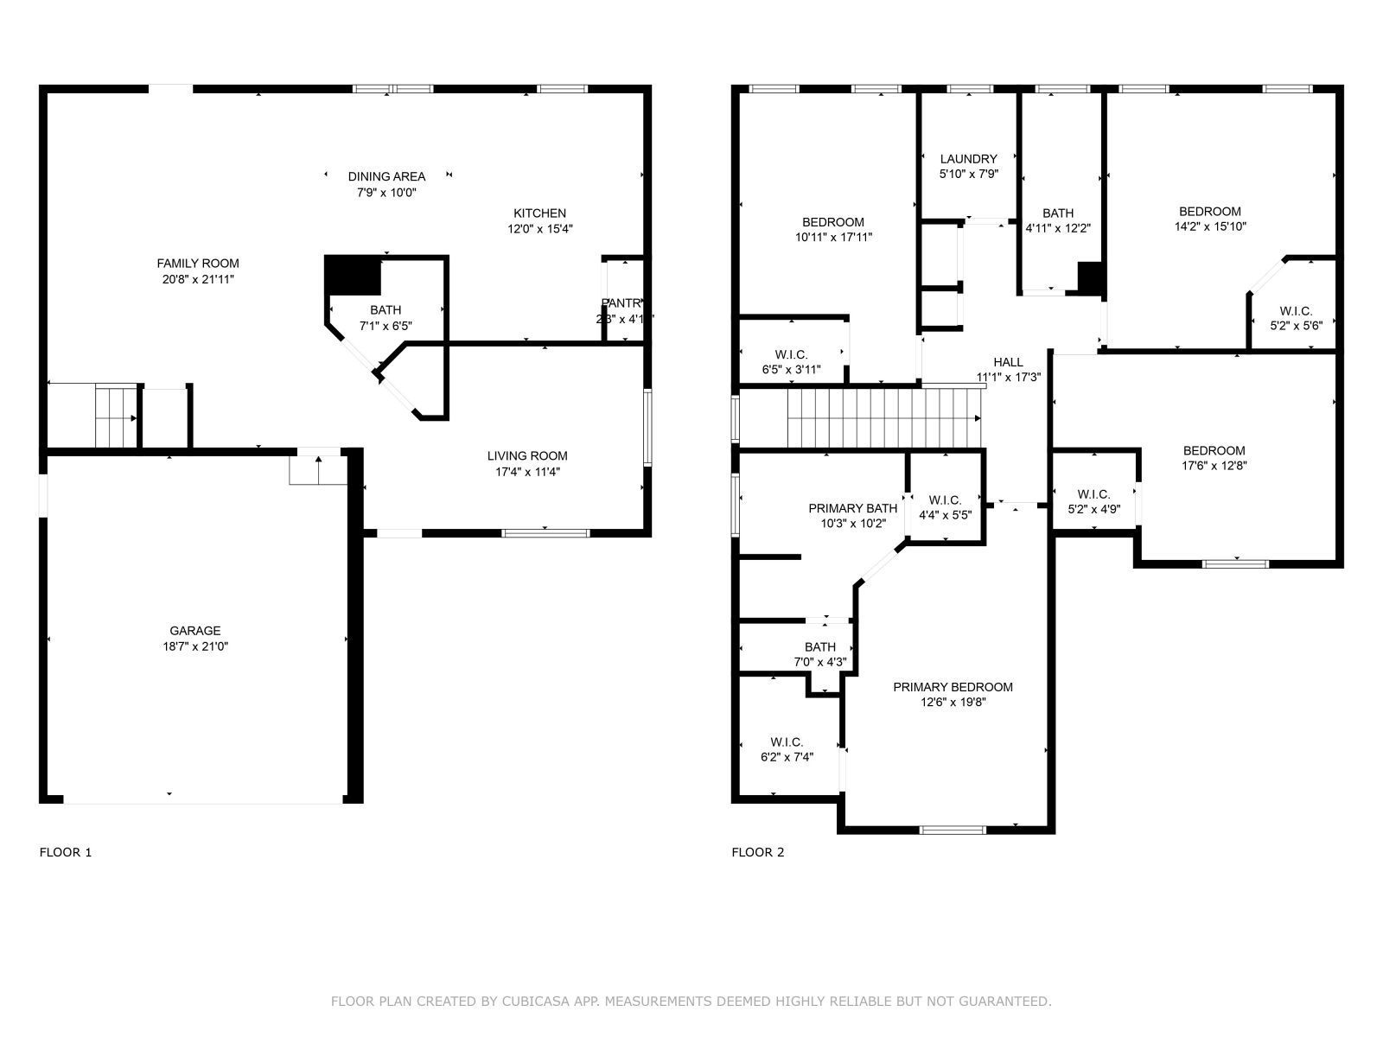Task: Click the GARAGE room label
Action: pyautogui.click(x=194, y=631)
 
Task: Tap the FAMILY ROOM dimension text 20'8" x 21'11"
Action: pyautogui.click(x=198, y=279)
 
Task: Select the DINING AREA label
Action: pyautogui.click(x=386, y=176)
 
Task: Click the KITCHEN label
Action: pyautogui.click(x=539, y=213)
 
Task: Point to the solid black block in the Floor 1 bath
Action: pyautogui.click(x=353, y=276)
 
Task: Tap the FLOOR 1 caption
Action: pyautogui.click(x=66, y=852)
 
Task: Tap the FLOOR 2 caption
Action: pyautogui.click(x=758, y=852)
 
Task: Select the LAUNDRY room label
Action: pyautogui.click(x=968, y=159)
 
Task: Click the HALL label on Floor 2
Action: pyautogui.click(x=1008, y=362)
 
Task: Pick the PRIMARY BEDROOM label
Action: pyautogui.click(x=953, y=687)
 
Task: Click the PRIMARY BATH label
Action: pyautogui.click(x=852, y=508)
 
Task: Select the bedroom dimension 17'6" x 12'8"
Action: pyautogui.click(x=1214, y=465)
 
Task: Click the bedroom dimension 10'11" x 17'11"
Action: pyautogui.click(x=833, y=237)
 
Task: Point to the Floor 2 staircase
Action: pyautogui.click(x=882, y=417)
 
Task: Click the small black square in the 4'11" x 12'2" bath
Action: pyautogui.click(x=1091, y=277)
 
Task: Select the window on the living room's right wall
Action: pyautogui.click(x=647, y=428)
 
